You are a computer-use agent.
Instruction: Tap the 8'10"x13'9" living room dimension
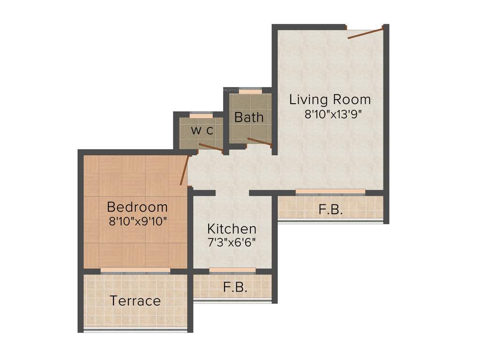pos(333,114)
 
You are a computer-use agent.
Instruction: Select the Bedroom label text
pos(137,207)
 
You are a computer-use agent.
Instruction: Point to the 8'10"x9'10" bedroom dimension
pos(138,221)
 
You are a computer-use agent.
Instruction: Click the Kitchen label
pos(232,229)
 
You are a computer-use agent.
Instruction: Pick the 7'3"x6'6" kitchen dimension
pos(232,243)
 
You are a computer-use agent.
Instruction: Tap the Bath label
pos(249,117)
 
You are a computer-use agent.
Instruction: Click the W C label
pos(202,131)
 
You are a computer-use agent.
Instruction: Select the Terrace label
pos(135,300)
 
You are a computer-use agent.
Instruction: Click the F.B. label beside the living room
pos(330,210)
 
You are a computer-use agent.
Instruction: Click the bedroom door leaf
pos(185,169)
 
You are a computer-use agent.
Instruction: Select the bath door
pos(259,142)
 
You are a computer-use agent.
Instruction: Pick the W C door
pos(210,147)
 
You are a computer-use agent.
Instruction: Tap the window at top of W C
pos(201,114)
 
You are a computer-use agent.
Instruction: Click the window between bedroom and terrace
pos(135,270)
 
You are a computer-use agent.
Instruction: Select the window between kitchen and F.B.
pos(232,270)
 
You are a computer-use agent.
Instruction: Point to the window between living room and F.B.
pos(330,191)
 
